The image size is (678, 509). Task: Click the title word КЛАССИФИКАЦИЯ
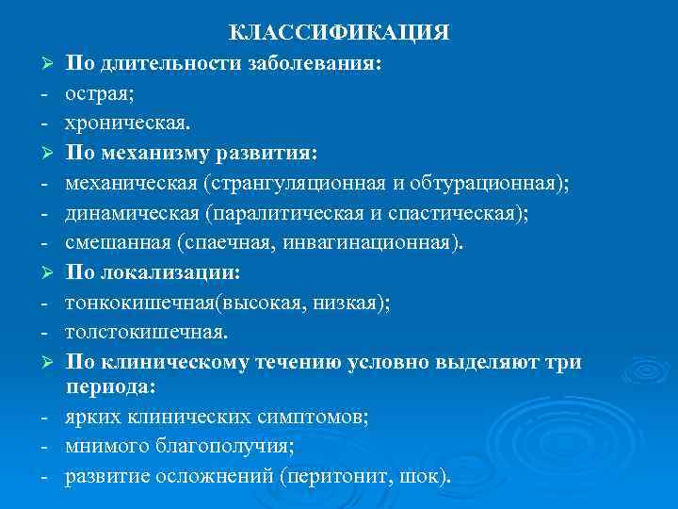pos(339,33)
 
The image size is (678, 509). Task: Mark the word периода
pos(108,387)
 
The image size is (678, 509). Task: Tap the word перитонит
pos(344,477)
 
